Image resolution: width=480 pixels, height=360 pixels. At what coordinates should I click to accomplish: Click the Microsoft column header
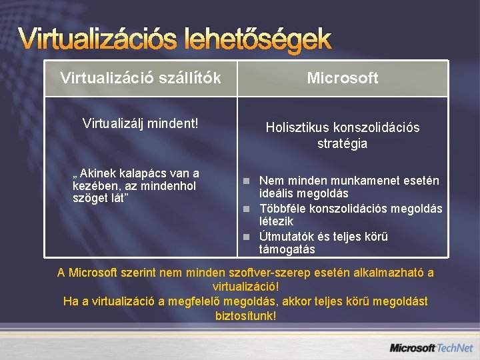(343, 78)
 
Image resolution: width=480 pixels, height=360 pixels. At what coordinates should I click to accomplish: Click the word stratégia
(343, 143)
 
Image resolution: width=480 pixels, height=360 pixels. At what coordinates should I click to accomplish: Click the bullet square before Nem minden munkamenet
(247, 181)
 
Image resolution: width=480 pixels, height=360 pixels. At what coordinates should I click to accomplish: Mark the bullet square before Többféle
(247, 209)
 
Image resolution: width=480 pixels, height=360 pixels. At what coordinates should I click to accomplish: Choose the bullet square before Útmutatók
(247, 237)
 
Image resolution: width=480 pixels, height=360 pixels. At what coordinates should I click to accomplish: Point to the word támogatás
(287, 250)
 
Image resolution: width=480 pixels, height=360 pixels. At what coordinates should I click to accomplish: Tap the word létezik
(276, 221)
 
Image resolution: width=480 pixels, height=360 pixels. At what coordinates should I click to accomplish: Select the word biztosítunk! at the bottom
(245, 315)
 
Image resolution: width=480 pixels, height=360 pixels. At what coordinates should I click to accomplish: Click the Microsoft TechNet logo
(431, 347)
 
